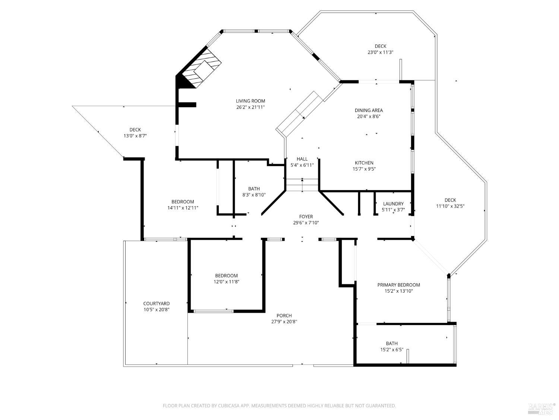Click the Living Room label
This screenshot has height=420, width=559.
point(250,101)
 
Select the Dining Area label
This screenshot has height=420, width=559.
point(369,110)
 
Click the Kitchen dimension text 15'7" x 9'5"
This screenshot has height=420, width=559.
point(364,169)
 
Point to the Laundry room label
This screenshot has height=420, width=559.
point(393,203)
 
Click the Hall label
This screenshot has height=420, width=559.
point(302,159)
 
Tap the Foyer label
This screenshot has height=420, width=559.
point(306,217)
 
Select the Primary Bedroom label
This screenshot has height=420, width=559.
point(398,285)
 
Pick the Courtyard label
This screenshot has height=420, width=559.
point(156,304)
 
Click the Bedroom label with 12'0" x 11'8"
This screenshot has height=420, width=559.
point(226,276)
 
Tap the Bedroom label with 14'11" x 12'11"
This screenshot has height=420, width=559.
point(183,202)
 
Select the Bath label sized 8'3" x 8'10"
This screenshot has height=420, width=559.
point(254,189)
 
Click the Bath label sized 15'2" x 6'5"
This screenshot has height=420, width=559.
point(392,343)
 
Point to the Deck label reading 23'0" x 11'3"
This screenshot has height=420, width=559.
point(380,46)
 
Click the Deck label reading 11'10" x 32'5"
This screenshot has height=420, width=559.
point(450,200)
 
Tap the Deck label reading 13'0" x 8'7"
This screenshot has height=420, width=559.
point(135,130)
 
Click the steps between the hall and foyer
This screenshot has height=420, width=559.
point(302,185)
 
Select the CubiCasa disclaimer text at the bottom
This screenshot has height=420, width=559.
point(279,405)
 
